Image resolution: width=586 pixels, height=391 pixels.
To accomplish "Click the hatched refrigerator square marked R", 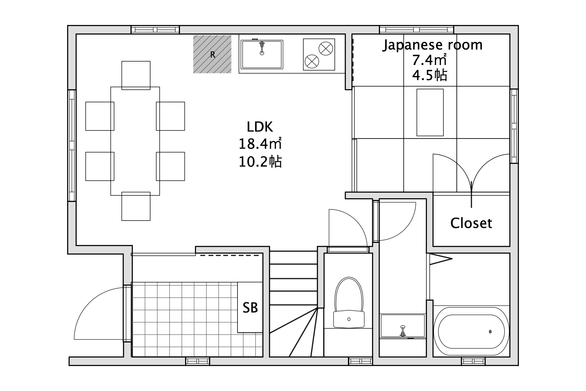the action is [x=212, y=54].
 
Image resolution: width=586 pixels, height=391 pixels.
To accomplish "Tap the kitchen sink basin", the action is [x=262, y=54].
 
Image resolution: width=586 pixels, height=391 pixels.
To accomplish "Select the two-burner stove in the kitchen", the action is [x=319, y=54].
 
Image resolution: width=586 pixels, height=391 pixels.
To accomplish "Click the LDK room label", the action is [x=260, y=127].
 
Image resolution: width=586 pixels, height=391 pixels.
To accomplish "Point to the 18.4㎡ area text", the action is [x=260, y=144].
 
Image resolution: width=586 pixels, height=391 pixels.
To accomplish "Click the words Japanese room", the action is [x=433, y=45].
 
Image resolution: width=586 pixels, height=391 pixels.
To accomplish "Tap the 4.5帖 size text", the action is [x=429, y=75].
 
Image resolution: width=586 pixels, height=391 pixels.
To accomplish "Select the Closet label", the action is [x=471, y=223].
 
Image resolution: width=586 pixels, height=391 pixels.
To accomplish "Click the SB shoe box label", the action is [x=250, y=308].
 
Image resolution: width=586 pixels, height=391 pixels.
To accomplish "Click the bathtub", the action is [x=471, y=332].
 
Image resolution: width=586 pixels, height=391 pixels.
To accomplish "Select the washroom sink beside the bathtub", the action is [x=403, y=326].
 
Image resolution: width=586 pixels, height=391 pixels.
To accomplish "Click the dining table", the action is [x=135, y=141].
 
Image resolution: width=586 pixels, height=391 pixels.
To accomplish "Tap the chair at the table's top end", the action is [x=136, y=75].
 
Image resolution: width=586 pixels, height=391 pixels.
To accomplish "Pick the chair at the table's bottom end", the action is [x=136, y=206].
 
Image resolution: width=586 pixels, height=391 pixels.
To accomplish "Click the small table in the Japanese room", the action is [x=430, y=112].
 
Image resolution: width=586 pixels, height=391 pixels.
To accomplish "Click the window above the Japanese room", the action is [x=417, y=30].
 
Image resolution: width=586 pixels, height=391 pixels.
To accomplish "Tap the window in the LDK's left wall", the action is [x=72, y=146].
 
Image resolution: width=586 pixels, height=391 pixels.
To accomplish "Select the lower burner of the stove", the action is [x=312, y=61].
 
